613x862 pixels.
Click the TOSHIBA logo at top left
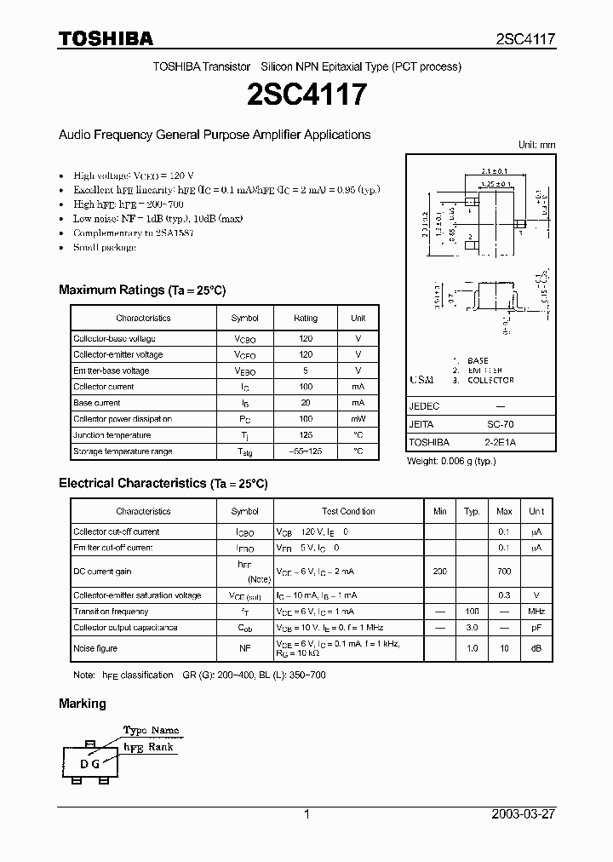(x=106, y=38)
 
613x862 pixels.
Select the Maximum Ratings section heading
(x=142, y=290)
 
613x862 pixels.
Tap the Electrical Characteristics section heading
(x=163, y=483)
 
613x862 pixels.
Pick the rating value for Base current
(x=306, y=403)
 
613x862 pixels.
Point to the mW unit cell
(x=358, y=419)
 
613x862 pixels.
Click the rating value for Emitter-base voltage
(x=306, y=371)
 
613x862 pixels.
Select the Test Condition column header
(x=348, y=511)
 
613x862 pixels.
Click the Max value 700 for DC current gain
(x=504, y=571)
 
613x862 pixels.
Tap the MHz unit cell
(x=536, y=612)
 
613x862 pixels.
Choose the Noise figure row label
(x=95, y=648)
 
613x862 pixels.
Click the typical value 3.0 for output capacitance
(x=472, y=628)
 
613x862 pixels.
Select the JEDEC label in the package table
(x=424, y=406)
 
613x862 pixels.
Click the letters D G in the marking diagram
(x=90, y=763)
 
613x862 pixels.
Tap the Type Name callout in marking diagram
(x=152, y=730)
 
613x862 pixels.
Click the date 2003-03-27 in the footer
(x=524, y=814)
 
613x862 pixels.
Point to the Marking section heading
(x=83, y=704)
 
